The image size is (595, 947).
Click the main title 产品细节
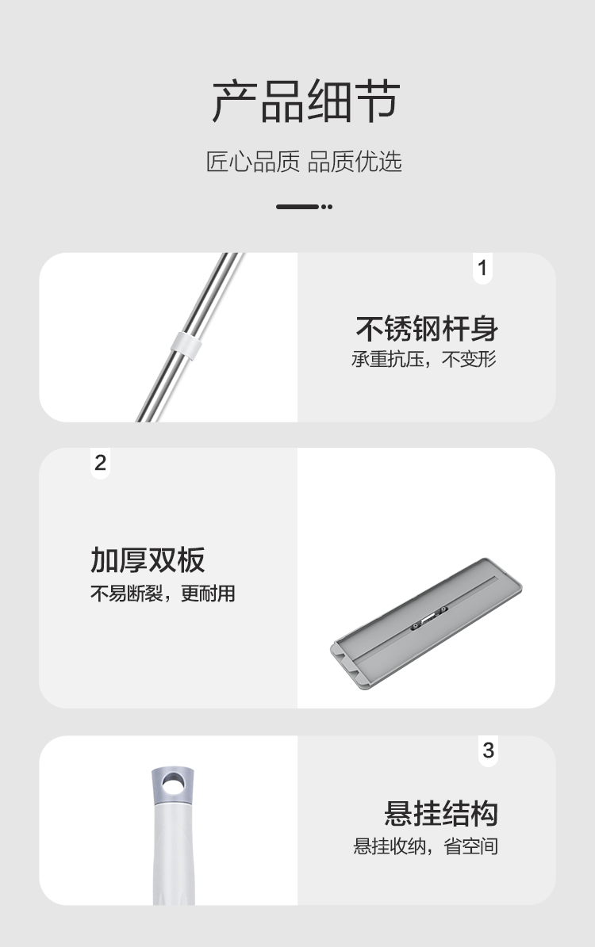pyautogui.click(x=305, y=101)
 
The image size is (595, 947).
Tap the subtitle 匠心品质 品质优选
pyautogui.click(x=305, y=162)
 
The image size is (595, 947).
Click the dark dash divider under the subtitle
pyautogui.click(x=304, y=207)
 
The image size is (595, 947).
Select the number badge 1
pyautogui.click(x=482, y=268)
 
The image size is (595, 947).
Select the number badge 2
pyautogui.click(x=100, y=463)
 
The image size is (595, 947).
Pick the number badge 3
pyautogui.click(x=488, y=750)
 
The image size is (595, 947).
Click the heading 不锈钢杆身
pyautogui.click(x=427, y=327)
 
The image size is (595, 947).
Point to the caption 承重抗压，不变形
pyautogui.click(x=424, y=359)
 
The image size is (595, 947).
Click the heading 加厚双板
pyautogui.click(x=148, y=559)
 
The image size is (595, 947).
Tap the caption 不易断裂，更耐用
pyautogui.click(x=163, y=594)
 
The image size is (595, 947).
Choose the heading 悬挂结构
pyautogui.click(x=441, y=813)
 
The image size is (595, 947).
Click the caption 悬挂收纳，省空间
pyautogui.click(x=426, y=846)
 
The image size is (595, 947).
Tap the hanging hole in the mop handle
pyautogui.click(x=174, y=783)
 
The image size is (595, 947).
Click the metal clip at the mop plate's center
pyautogui.click(x=428, y=617)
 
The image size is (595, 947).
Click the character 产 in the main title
pyautogui.click(x=236, y=101)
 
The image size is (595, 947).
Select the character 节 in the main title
pyautogui.click(x=374, y=101)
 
